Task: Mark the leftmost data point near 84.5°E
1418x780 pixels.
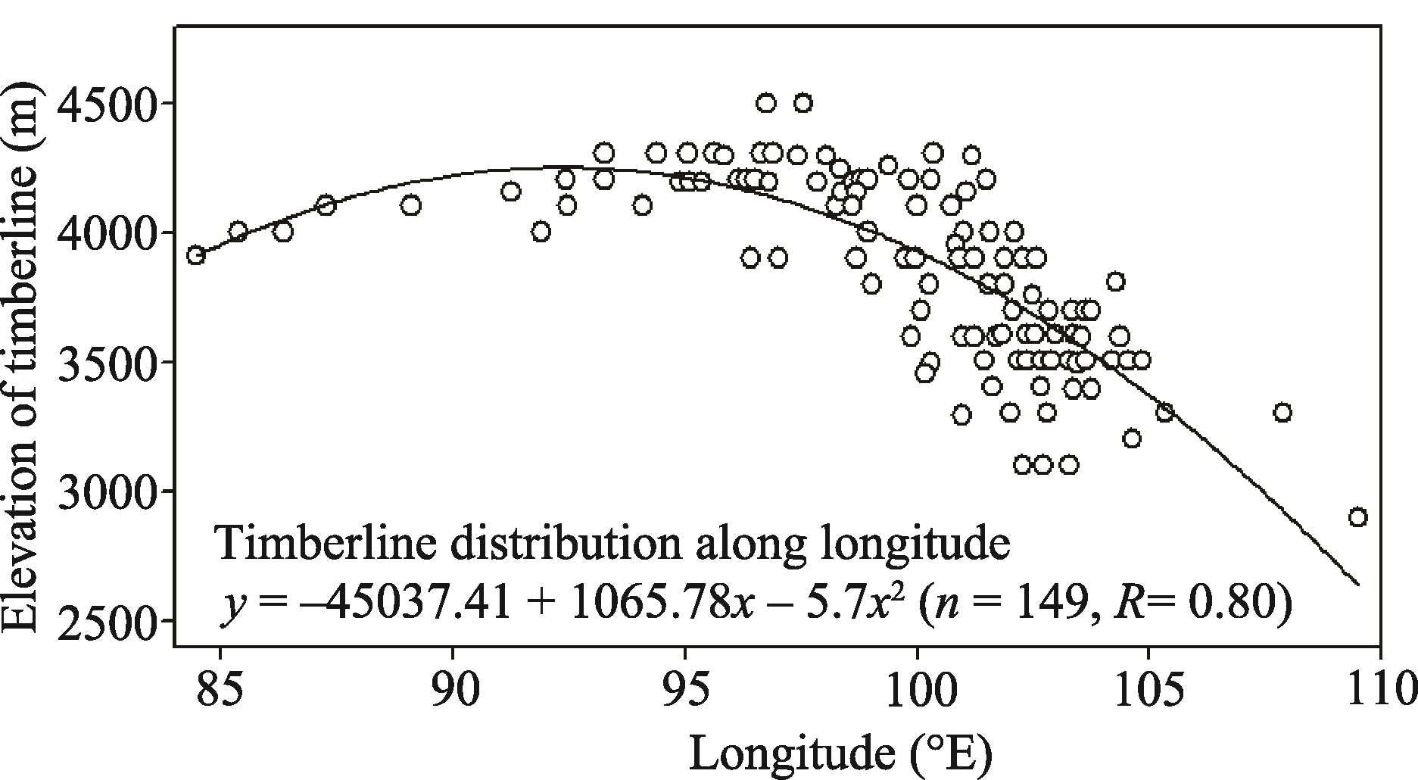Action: coord(196,255)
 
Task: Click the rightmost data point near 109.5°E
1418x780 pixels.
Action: coord(1357,517)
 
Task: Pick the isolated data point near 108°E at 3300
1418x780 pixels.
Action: coord(1282,413)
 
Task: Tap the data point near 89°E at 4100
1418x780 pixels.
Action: coord(410,205)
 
